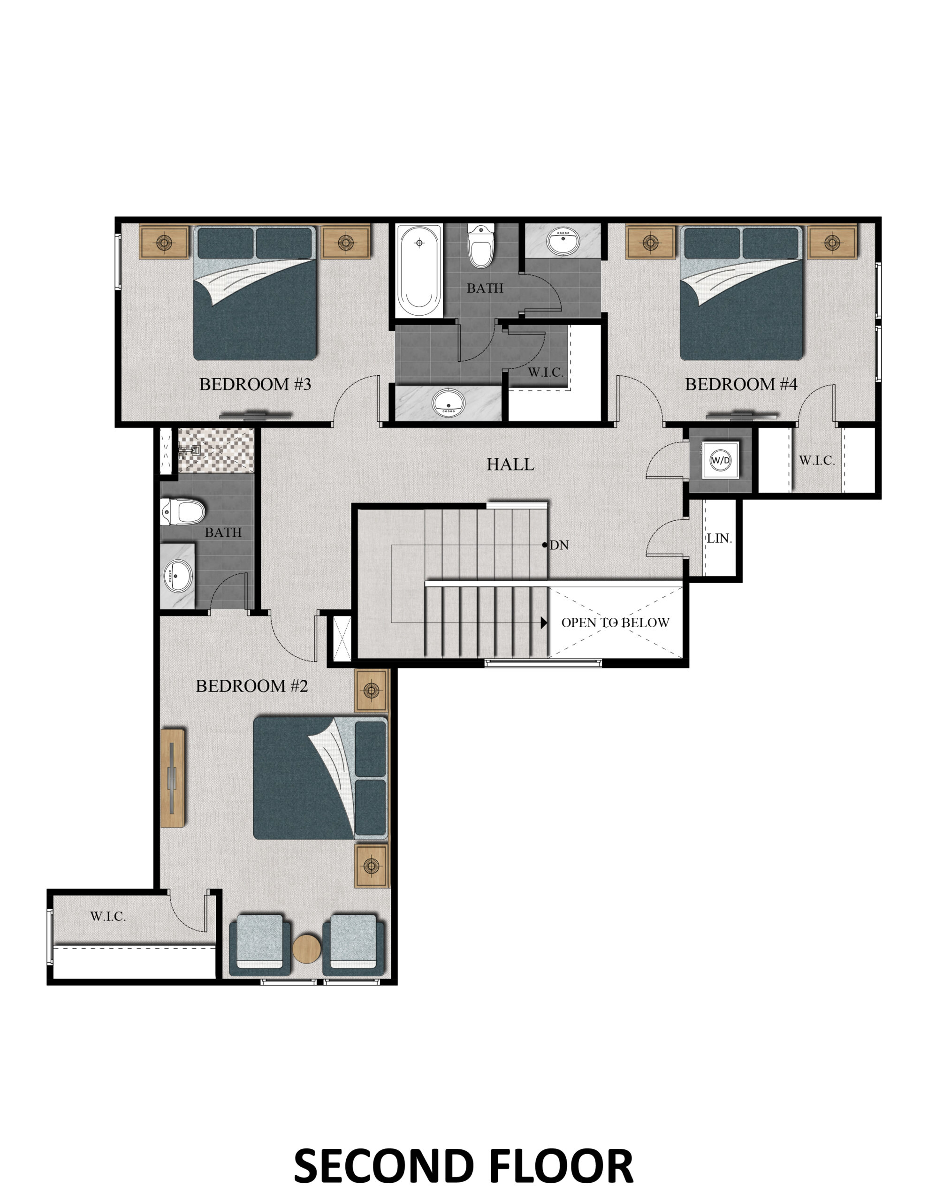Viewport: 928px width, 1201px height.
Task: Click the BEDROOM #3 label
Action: [x=255, y=384]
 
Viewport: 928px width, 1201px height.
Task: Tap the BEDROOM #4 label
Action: [x=740, y=384]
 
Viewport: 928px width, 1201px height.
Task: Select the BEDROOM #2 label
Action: [x=251, y=686]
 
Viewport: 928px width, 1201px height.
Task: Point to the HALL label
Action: [x=510, y=464]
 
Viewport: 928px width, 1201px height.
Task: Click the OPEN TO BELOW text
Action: [x=615, y=623]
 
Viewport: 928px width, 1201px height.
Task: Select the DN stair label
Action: [x=559, y=545]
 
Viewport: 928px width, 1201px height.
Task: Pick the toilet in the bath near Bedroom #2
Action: [x=183, y=511]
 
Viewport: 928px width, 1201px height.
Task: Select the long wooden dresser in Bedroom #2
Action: [x=173, y=778]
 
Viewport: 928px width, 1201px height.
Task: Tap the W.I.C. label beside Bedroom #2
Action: [x=108, y=916]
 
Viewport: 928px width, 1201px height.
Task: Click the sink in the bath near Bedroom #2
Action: [x=178, y=576]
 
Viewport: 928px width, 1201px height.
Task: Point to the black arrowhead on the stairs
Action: [x=544, y=623]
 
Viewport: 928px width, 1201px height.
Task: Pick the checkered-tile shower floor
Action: [x=216, y=449]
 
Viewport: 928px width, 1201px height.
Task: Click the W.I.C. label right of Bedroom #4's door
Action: [x=817, y=460]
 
